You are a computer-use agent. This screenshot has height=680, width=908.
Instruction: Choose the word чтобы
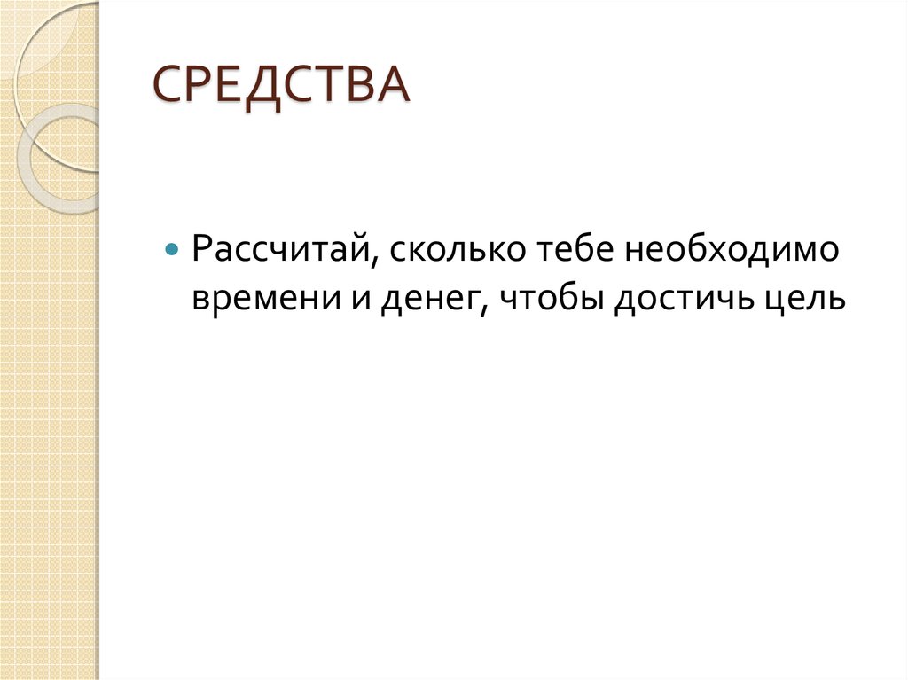click(547, 299)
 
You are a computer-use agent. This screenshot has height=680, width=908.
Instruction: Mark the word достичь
click(678, 299)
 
